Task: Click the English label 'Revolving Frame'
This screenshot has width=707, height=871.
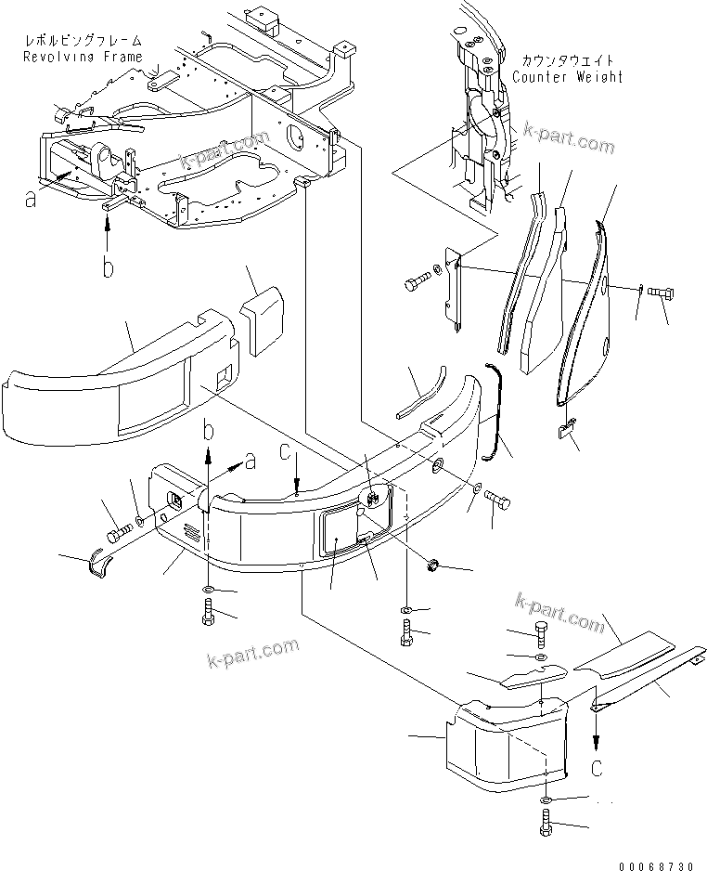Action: click(x=84, y=57)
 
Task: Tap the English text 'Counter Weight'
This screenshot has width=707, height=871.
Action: click(x=567, y=77)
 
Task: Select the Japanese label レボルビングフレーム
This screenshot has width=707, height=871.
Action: click(x=84, y=42)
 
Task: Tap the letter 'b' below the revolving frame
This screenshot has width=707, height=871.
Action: click(x=109, y=268)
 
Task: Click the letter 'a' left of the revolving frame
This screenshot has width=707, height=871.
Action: click(x=32, y=198)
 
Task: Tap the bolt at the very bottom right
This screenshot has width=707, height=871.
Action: click(x=546, y=822)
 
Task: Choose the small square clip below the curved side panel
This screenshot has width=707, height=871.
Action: click(x=567, y=428)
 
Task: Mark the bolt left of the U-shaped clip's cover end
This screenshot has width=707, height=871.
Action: click(x=118, y=535)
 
